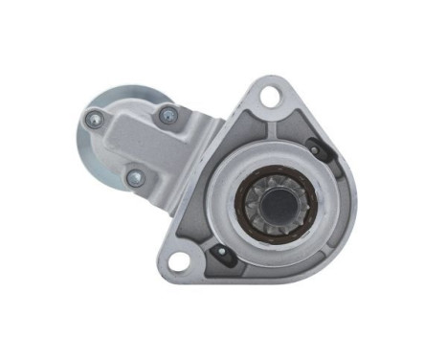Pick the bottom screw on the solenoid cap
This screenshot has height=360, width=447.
134,177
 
